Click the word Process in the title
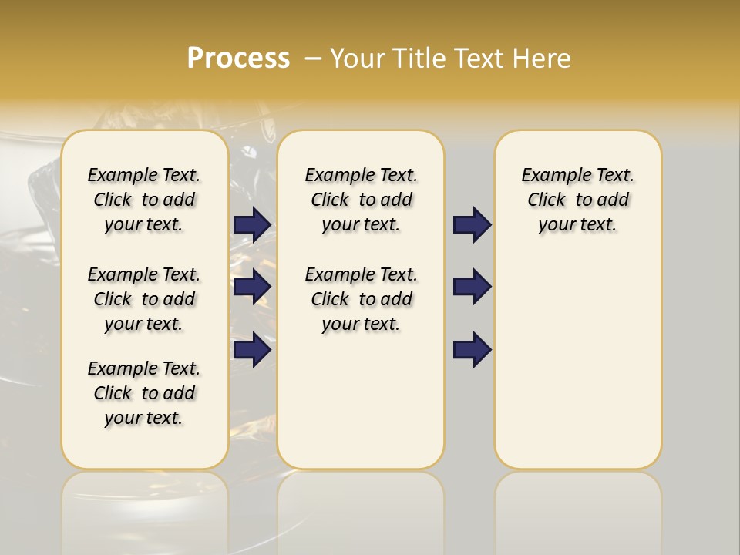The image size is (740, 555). (238, 58)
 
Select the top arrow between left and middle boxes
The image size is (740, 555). (252, 225)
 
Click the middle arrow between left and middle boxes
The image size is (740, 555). (252, 287)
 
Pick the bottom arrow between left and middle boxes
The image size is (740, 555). (252, 350)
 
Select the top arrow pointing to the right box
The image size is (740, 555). (472, 225)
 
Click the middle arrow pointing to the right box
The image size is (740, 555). (472, 287)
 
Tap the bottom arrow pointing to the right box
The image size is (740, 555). (472, 350)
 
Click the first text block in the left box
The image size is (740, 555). (144, 200)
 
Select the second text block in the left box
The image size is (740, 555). (144, 299)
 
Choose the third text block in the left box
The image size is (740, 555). (144, 393)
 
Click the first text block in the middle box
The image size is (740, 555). (361, 200)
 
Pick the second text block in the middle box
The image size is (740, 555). (361, 299)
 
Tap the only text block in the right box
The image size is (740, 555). (577, 200)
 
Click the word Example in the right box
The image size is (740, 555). (550, 176)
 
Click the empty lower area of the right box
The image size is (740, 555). (577, 362)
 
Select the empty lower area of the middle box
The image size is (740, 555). (361, 401)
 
